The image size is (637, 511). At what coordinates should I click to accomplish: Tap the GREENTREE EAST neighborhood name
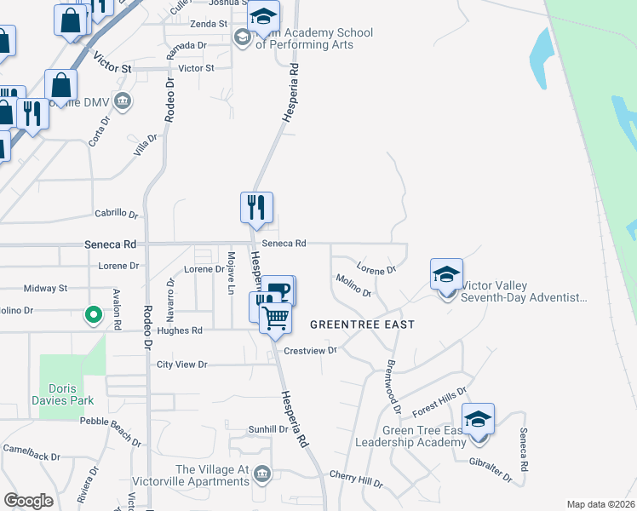click(x=362, y=324)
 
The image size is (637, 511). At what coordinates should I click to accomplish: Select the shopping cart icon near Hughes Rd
click(x=275, y=319)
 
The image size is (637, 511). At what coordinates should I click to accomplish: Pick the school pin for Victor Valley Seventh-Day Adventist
click(x=447, y=275)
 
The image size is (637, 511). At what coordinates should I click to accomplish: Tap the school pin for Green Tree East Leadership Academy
click(x=479, y=420)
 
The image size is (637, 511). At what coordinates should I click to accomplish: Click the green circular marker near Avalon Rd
click(x=94, y=315)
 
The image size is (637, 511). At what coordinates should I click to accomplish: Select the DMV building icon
click(x=123, y=102)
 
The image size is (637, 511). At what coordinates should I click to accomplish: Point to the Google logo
click(x=28, y=501)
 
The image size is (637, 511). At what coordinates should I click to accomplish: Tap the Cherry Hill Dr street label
click(x=356, y=479)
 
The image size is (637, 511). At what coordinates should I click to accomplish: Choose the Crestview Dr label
click(x=310, y=350)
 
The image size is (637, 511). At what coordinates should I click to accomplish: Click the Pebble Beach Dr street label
click(x=111, y=430)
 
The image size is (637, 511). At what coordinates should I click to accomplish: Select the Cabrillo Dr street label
click(x=116, y=214)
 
